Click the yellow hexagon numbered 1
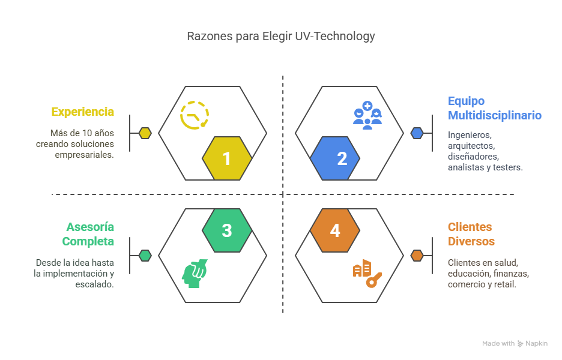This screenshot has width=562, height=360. pyautogui.click(x=227, y=158)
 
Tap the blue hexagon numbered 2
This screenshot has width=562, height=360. pyautogui.click(x=335, y=158)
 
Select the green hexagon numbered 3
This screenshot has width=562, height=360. pyautogui.click(x=227, y=230)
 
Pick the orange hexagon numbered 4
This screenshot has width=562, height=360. pyautogui.click(x=335, y=230)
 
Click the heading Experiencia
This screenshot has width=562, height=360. pyautogui.click(x=82, y=112)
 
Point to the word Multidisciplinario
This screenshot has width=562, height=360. pyautogui.click(x=495, y=115)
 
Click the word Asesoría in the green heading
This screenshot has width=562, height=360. pyautogui.click(x=90, y=227)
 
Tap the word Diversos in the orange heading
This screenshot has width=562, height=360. pyautogui.click(x=471, y=241)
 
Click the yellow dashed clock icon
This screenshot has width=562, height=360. pyautogui.click(x=195, y=115)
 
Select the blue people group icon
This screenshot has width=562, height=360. pyautogui.click(x=367, y=115)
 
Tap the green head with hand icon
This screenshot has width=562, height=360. pyautogui.click(x=195, y=274)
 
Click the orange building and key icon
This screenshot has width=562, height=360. pyautogui.click(x=367, y=274)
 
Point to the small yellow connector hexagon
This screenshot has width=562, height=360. pyautogui.click(x=145, y=133)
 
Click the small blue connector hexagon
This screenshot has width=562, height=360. pyautogui.click(x=417, y=133)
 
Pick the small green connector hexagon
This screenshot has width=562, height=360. pyautogui.click(x=145, y=256)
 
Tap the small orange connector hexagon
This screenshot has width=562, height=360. pyautogui.click(x=417, y=256)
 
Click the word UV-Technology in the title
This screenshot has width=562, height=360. pyautogui.click(x=335, y=36)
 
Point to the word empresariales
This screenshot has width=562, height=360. pyautogui.click(x=84, y=155)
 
